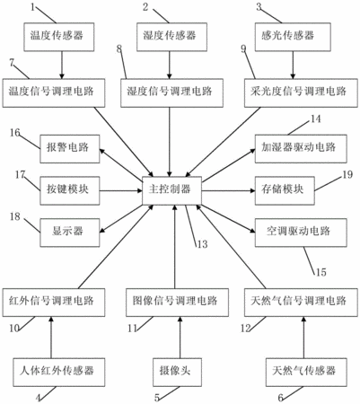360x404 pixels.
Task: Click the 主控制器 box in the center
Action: click(171, 190)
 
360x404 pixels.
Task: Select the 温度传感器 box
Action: click(59, 37)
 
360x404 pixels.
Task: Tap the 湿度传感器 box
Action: click(171, 37)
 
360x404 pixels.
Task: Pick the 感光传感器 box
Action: click(293, 37)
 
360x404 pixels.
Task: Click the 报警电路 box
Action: click(70, 149)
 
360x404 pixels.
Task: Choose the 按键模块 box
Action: click(70, 190)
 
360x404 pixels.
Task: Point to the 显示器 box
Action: click(70, 233)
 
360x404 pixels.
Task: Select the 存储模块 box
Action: click(285, 190)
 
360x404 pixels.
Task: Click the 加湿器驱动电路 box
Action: click(301, 149)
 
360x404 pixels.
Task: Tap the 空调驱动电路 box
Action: click(301, 233)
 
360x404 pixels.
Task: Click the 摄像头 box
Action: click(175, 373)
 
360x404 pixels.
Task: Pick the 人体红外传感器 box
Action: click(58, 373)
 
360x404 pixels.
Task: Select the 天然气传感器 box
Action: click(306, 373)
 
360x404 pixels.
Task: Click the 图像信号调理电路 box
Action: click(177, 303)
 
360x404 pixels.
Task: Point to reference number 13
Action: click(202, 244)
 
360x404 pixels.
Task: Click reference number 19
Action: click(347, 174)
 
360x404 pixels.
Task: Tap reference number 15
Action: click(320, 272)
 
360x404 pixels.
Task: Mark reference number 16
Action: click(15, 133)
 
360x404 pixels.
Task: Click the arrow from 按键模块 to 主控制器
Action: click(121, 190)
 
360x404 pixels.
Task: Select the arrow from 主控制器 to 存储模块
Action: click(228, 190)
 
